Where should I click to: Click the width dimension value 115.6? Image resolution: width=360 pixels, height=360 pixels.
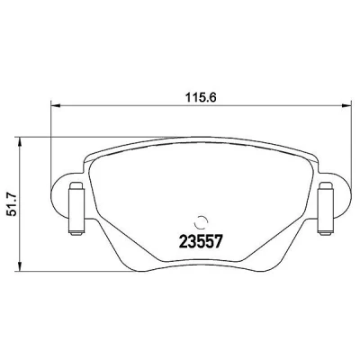pyautogui.click(x=201, y=97)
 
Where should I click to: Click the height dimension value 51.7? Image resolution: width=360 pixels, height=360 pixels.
pyautogui.click(x=13, y=204)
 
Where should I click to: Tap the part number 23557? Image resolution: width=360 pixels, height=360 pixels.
pyautogui.click(x=201, y=241)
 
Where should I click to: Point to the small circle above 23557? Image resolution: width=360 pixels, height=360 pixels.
pyautogui.click(x=201, y=222)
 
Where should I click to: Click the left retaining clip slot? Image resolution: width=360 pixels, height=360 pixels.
pyautogui.click(x=76, y=209)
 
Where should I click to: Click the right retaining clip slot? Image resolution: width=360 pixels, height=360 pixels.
pyautogui.click(x=325, y=209)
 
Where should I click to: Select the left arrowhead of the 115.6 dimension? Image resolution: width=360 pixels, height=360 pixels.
pyautogui.click(x=56, y=105)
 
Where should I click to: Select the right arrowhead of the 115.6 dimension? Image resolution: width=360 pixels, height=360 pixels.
pyautogui.click(x=346, y=105)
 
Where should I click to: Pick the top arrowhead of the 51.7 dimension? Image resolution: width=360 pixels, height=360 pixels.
pyautogui.click(x=20, y=143)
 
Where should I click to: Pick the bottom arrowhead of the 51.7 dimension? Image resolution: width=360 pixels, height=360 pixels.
pyautogui.click(x=20, y=266)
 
